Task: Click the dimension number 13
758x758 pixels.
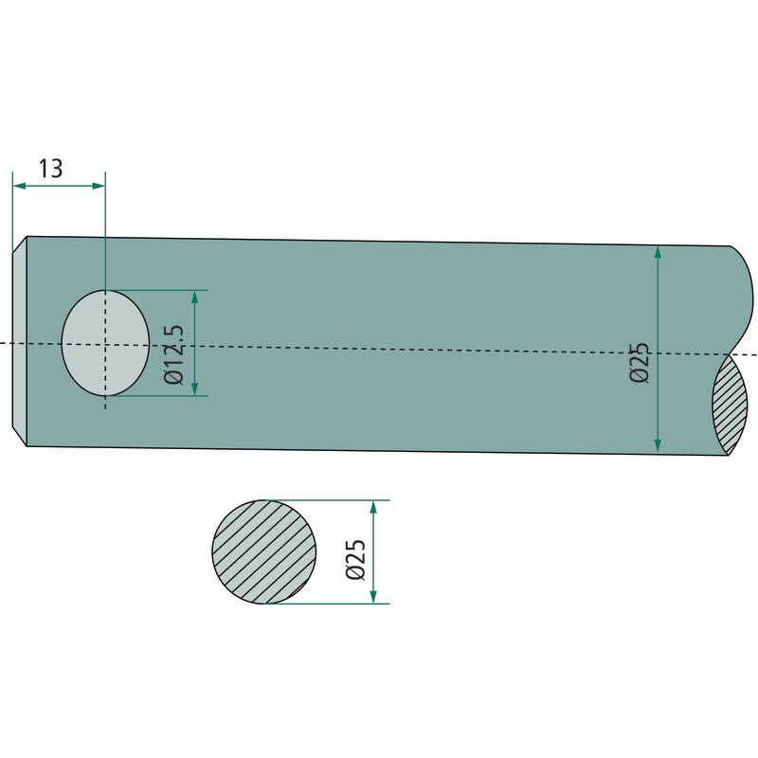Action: (50, 169)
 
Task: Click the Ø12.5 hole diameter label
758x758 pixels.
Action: (174, 354)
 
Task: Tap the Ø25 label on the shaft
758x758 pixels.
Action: (639, 363)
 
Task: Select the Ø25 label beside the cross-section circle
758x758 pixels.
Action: (355, 559)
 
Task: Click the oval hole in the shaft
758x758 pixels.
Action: (105, 343)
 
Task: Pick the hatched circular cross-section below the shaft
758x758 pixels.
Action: (264, 551)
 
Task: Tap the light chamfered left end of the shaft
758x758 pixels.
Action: (19, 341)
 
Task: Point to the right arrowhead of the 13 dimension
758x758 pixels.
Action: (99, 186)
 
